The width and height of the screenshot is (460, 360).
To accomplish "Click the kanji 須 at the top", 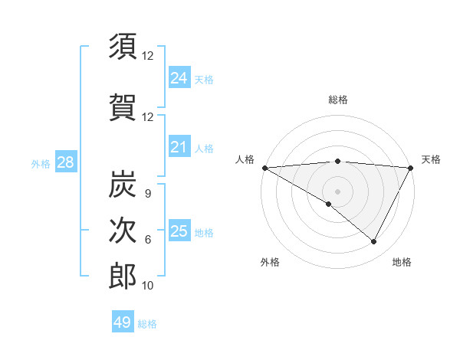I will coord(123,47).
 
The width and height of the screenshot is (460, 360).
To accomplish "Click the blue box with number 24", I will coord(179,77).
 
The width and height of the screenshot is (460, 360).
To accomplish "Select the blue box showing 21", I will coord(179,147).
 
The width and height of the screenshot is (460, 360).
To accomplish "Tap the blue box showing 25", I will coord(179,231).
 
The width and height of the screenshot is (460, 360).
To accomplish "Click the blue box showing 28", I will coord(64,162).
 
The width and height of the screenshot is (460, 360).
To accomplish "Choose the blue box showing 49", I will coord(123,322).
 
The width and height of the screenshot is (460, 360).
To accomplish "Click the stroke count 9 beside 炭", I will coord(147,195).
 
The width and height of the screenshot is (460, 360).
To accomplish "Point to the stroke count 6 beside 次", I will coord(147,240).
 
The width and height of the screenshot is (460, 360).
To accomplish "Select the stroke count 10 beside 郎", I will coord(148,285).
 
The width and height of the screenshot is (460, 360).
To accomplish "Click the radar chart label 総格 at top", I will coord(338,100).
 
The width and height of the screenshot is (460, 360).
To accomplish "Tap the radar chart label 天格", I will coord(431,159).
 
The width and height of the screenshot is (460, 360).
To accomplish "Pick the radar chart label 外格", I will coord(270,262).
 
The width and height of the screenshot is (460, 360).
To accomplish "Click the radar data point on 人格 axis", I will coord(264,167).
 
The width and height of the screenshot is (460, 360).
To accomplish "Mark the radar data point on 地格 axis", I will coord(374,242).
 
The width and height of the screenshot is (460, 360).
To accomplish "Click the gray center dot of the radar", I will coord(337,191).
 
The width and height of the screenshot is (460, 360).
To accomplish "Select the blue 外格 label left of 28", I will coord(41,163).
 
